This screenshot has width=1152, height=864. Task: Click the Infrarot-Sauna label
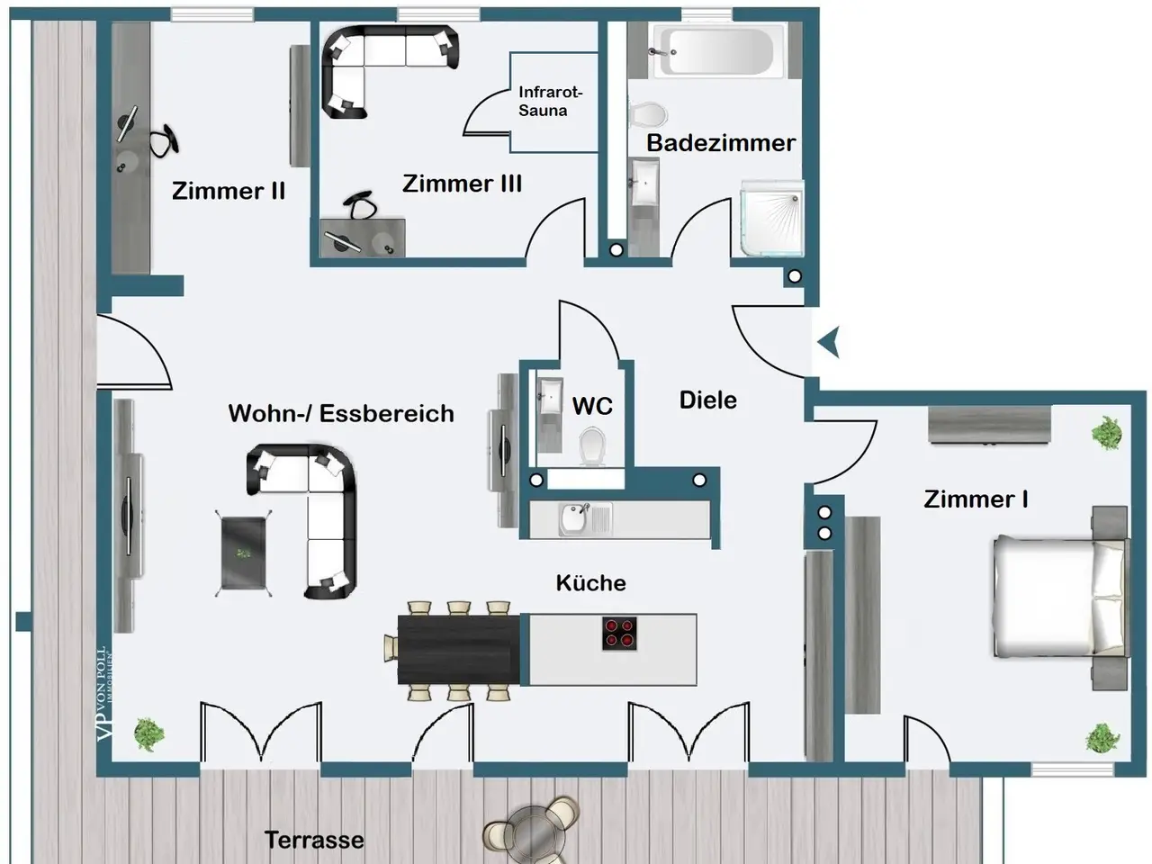tap(550, 101)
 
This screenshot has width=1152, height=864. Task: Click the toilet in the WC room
tap(591, 445)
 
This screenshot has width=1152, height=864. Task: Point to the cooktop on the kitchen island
tap(620, 633)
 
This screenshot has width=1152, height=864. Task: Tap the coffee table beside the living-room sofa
tap(243, 553)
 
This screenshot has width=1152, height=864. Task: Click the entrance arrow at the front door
tap(829, 342)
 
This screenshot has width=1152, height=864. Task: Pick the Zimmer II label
tap(229, 191)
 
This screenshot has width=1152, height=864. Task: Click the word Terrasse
tap(314, 840)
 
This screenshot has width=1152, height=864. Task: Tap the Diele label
tap(707, 400)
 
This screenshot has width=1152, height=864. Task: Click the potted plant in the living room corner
tap(148, 734)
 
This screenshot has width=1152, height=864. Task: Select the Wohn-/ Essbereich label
tap(341, 413)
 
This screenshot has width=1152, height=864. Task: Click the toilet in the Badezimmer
tap(648, 114)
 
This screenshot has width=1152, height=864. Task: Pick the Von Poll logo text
tap(103, 692)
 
